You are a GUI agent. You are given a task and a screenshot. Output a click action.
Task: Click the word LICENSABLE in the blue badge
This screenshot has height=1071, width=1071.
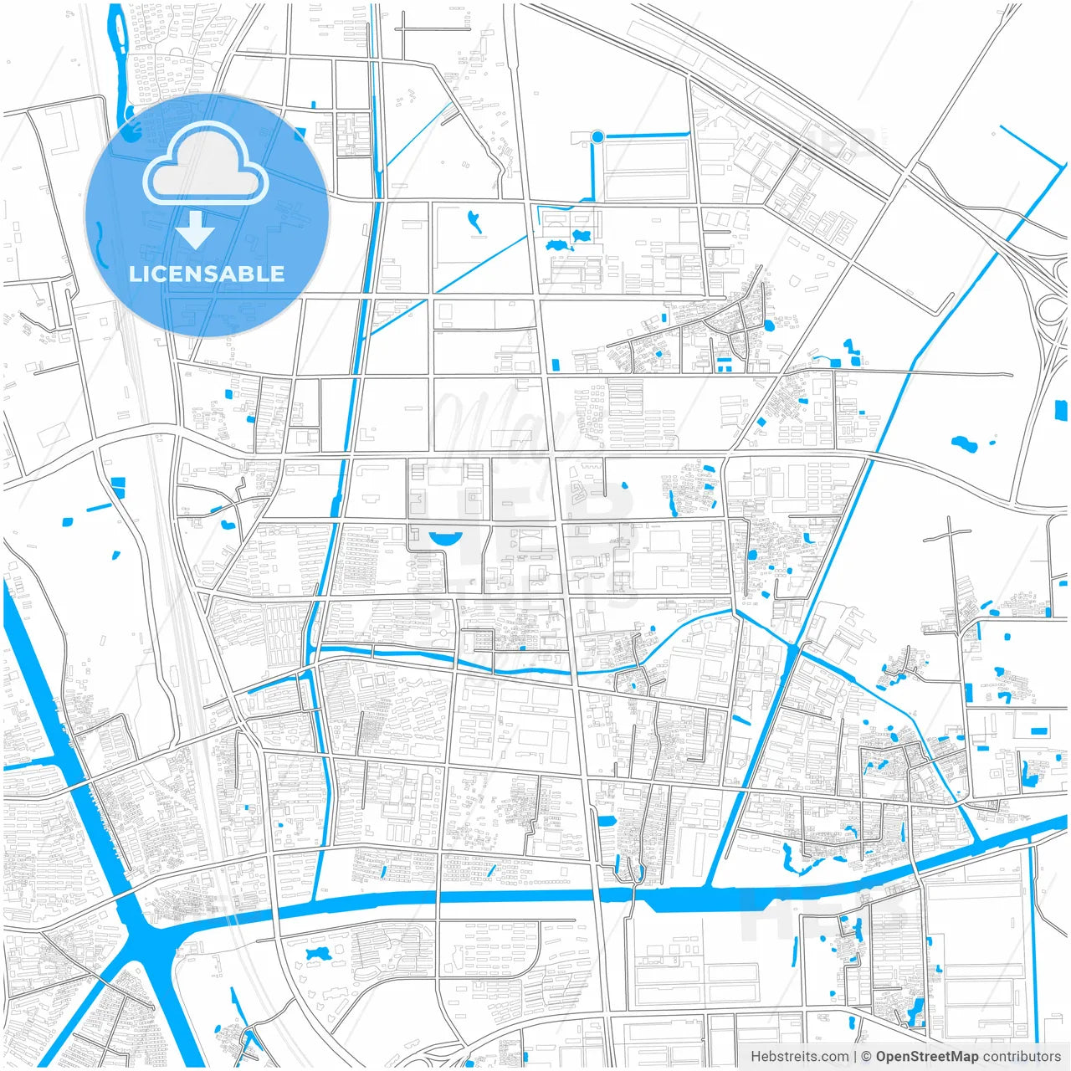pos(207,274)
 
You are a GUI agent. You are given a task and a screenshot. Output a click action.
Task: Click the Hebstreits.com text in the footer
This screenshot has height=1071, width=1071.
pos(799,1057)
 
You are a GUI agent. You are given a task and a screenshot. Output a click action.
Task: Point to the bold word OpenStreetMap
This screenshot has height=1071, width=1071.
pos(926,1057)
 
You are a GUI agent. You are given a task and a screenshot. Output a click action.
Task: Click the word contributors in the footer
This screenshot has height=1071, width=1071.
pos(1022,1057)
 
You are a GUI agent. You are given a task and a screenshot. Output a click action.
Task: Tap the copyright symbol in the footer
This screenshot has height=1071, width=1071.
pos(866,1057)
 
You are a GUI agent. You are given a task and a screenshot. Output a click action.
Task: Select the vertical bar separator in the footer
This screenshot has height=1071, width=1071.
pos(854,1057)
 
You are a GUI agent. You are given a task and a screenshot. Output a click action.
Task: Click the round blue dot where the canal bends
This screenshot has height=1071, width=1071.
pos(597,136)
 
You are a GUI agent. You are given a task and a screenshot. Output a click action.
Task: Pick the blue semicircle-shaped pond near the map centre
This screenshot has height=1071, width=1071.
pos(445,538)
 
